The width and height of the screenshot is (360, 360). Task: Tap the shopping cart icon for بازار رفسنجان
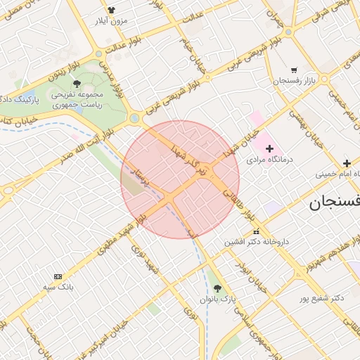click(x=293, y=70)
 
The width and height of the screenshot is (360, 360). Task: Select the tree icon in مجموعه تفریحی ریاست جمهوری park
click(x=77, y=84)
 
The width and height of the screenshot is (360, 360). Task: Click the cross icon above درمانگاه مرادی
click(x=269, y=148)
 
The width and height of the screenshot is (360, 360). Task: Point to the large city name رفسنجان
click(x=335, y=202)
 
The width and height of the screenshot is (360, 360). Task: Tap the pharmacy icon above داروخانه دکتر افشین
click(x=255, y=231)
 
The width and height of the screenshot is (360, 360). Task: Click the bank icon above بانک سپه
click(x=58, y=276)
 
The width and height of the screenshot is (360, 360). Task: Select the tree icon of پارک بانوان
click(x=217, y=288)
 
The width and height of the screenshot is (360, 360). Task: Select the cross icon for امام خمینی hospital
click(x=347, y=163)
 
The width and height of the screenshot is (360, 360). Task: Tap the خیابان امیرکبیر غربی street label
click(x=105, y=338)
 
